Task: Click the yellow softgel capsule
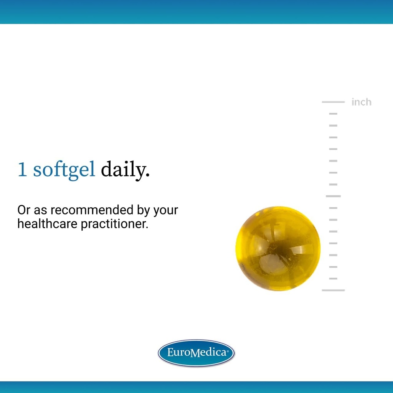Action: click(278, 248)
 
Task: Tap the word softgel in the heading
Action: click(64, 169)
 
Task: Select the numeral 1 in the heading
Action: click(22, 169)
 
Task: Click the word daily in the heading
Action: click(125, 169)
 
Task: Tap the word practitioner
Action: click(114, 224)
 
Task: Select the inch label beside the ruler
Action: click(361, 102)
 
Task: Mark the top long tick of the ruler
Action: click(333, 102)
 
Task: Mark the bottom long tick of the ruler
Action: click(333, 290)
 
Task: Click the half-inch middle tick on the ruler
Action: click(333, 196)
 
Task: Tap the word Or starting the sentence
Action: click(24, 210)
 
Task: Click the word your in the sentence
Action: click(165, 210)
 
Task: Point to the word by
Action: click(144, 210)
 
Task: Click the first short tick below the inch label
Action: click(333, 114)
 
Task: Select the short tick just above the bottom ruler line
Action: click(333, 278)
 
